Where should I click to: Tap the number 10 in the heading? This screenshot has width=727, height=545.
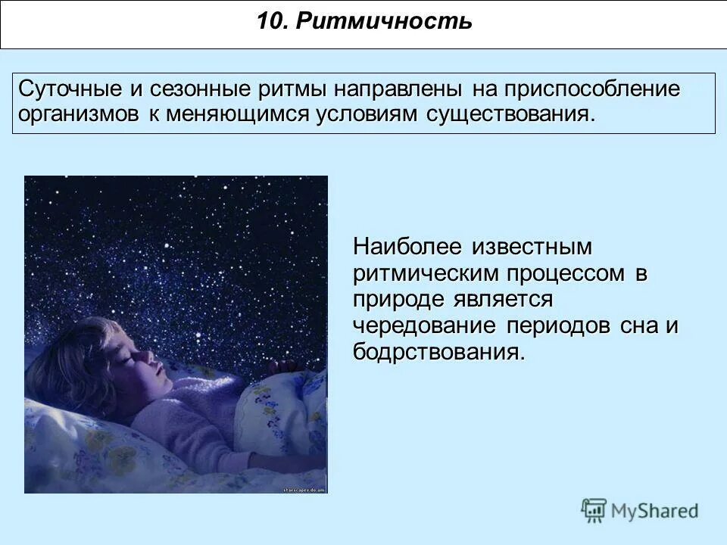(x=269, y=21)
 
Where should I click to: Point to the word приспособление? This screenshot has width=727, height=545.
(x=588, y=89)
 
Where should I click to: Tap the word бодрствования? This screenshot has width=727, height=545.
(x=438, y=353)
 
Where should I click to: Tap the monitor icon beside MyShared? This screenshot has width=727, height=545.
(x=594, y=510)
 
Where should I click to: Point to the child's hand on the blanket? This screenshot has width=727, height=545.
(x=284, y=366)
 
